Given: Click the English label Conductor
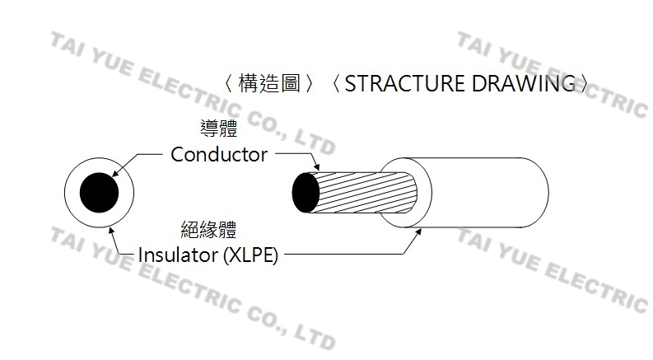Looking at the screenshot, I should [219, 154].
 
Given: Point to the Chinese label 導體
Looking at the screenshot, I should [219, 129].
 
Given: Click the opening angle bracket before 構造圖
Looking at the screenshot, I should [228, 84].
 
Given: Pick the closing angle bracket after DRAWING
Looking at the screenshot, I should [584, 84].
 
